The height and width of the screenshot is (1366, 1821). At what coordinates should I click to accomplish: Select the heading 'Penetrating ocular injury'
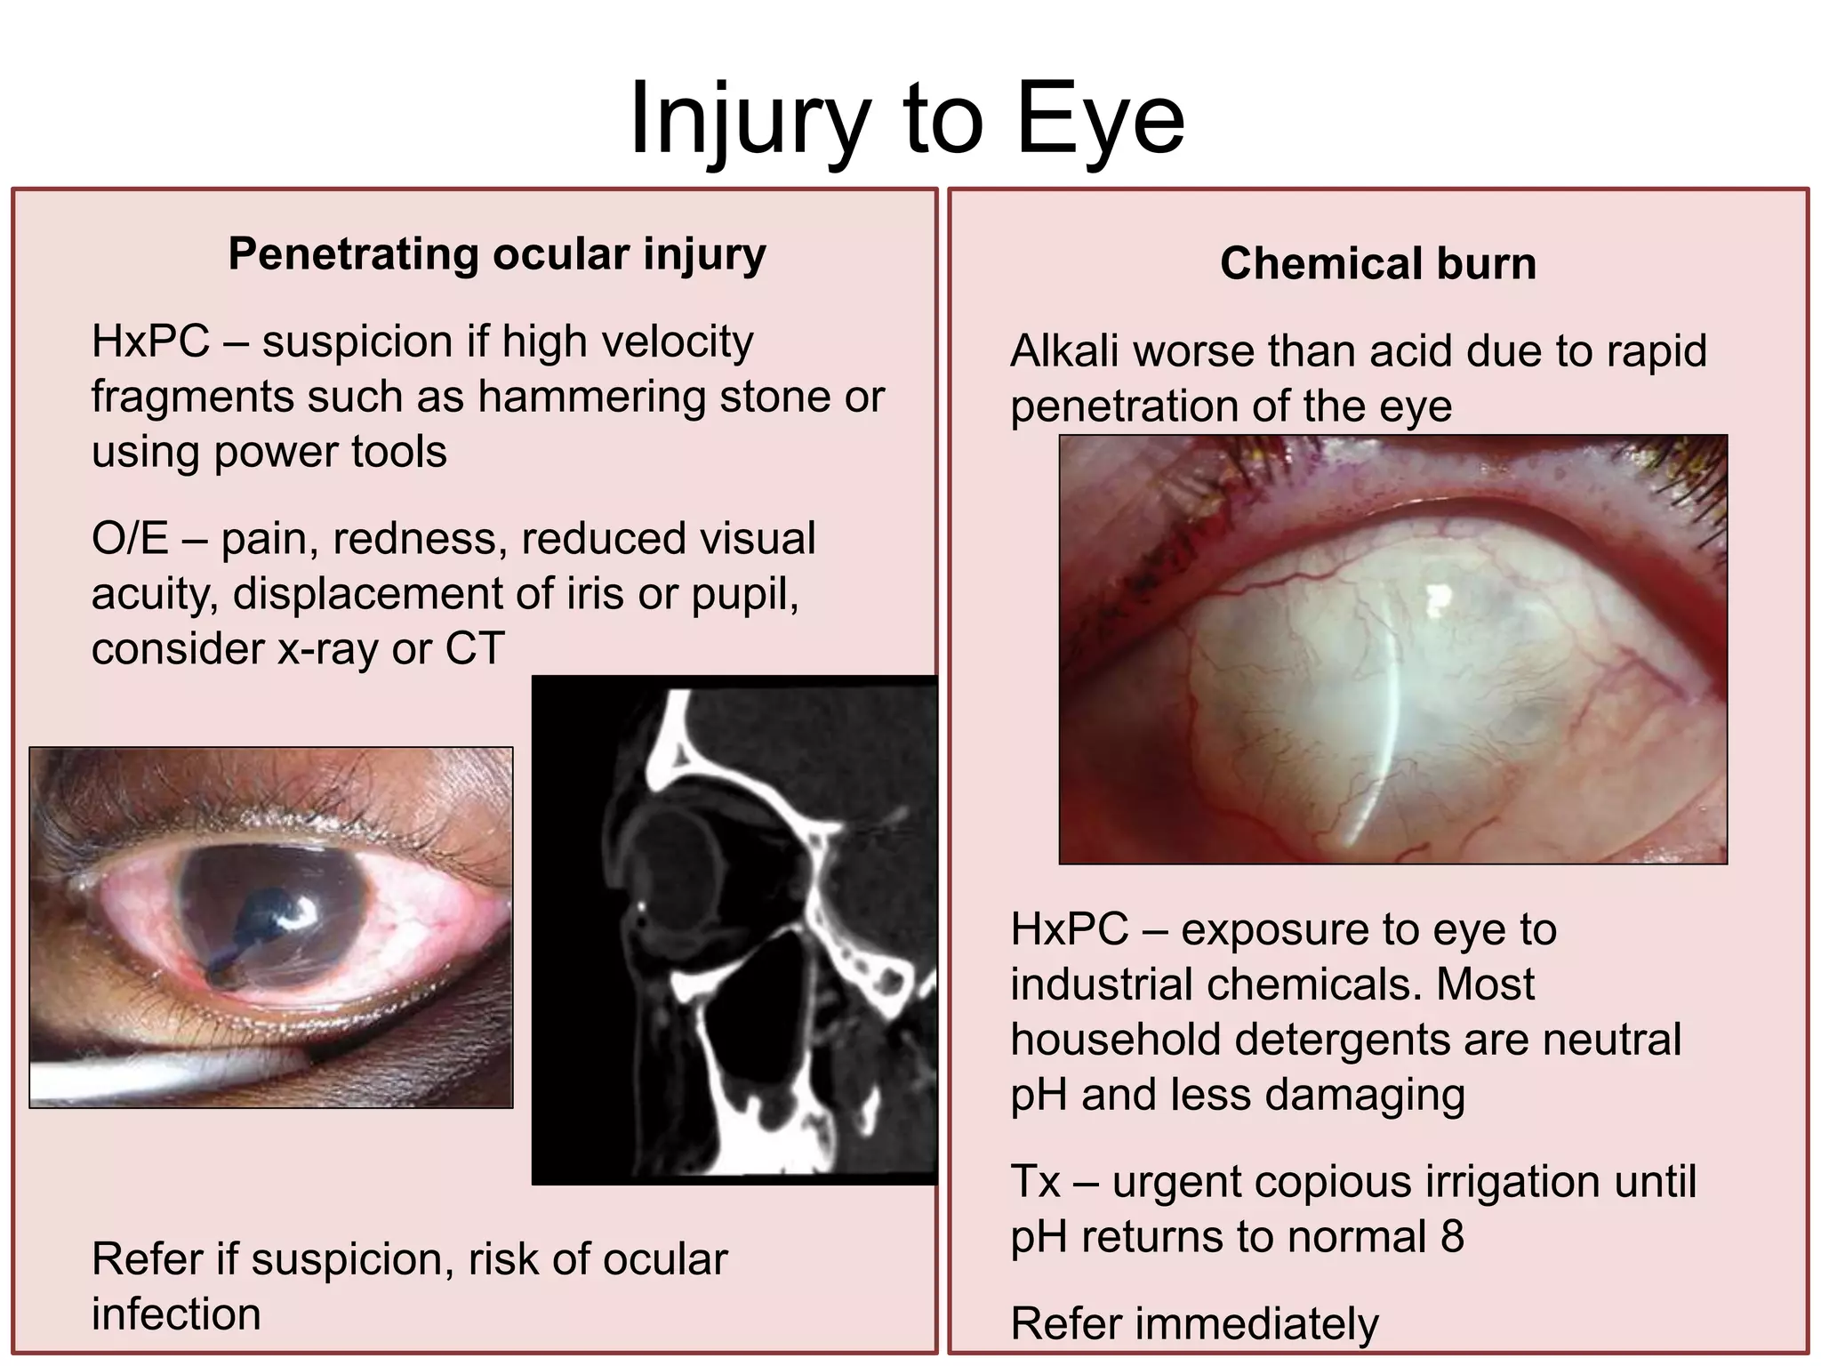pyautogui.click(x=496, y=254)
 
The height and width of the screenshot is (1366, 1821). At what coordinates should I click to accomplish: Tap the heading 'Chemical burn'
pyautogui.click(x=1377, y=263)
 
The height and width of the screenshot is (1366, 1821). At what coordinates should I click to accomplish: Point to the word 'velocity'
pyautogui.click(x=676, y=341)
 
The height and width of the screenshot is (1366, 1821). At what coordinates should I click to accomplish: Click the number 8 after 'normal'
pyautogui.click(x=1451, y=1236)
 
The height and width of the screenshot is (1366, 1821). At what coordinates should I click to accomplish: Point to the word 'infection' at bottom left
pyautogui.click(x=176, y=1314)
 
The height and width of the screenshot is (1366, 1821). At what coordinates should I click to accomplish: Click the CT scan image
pyautogui.click(x=734, y=930)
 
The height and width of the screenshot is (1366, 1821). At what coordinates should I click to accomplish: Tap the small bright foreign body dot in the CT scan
pyautogui.click(x=641, y=906)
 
